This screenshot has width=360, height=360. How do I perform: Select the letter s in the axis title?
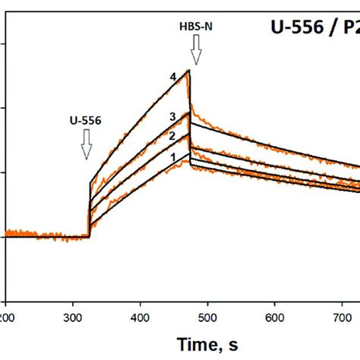coord(235,343)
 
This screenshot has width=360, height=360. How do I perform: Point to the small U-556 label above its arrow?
coord(86,120)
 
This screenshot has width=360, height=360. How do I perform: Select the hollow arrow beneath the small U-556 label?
coord(86,144)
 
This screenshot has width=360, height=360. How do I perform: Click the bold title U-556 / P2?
coord(314,28)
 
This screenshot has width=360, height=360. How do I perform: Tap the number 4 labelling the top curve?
coord(173,77)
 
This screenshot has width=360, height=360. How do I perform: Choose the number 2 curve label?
coord(172,136)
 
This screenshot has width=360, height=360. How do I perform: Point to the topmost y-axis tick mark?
coord(5,44)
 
